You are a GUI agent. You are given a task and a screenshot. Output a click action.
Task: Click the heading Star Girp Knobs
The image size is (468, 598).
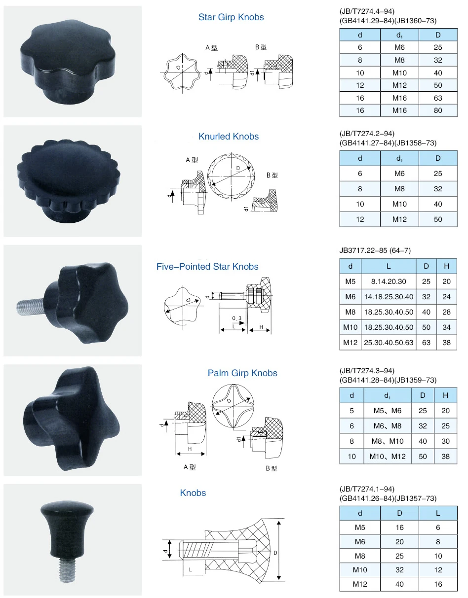[231, 17]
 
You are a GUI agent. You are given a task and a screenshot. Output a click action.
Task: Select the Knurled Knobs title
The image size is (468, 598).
[229, 137]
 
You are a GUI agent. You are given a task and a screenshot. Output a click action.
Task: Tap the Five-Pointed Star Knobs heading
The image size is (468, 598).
[207, 267]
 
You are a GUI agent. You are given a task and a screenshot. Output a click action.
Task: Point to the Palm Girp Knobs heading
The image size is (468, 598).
[242, 373]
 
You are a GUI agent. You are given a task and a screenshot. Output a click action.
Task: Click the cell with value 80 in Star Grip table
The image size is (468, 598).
[438, 110]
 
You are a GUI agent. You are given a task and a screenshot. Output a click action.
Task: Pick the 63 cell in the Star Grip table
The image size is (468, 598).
[438, 98]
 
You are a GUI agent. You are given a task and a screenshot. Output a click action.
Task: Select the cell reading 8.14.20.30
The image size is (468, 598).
[389, 281]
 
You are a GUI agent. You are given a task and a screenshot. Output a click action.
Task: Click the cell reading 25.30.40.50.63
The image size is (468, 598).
[389, 343]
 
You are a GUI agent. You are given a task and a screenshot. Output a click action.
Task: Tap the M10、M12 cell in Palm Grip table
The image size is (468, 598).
[388, 457]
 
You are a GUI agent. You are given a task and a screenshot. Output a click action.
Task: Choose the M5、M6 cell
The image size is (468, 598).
[388, 411]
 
